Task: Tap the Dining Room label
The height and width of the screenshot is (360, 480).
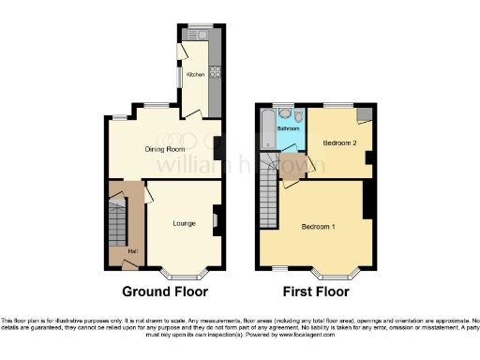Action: [x=162, y=147]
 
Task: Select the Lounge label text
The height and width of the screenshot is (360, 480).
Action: [x=184, y=223]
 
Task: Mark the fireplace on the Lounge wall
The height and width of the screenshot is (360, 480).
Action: [x=216, y=221]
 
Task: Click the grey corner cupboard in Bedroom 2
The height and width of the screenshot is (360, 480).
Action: [x=363, y=113]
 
